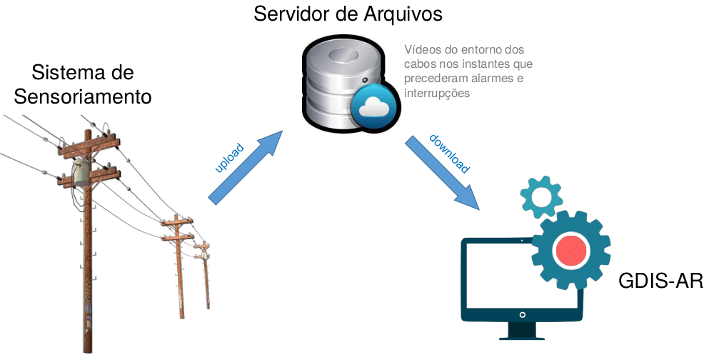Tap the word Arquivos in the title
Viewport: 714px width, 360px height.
pos(408,14)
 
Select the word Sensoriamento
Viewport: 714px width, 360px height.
pos(84,96)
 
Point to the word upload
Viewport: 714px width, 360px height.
pos(229,159)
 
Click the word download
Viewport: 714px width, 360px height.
pos(449,154)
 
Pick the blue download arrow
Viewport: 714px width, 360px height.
pos(442,171)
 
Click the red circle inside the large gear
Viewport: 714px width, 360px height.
pos(570,249)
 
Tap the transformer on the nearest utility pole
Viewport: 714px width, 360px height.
pos(81,172)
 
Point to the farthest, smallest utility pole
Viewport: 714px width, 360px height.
pos(204,271)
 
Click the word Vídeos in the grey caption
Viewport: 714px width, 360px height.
pos(421,50)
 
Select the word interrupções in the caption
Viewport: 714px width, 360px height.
pos(436,93)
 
